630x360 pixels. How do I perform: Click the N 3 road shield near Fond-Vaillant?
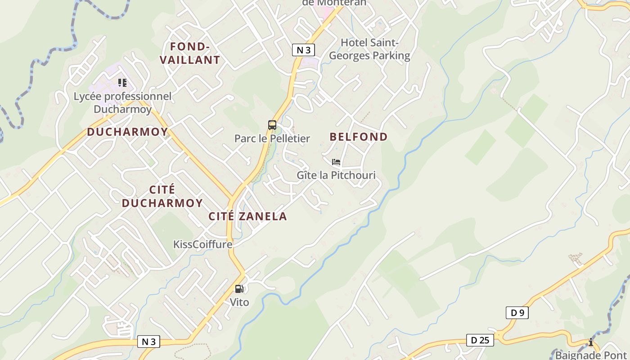303,49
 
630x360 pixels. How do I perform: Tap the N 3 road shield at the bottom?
148,342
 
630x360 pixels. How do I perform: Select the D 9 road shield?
517,313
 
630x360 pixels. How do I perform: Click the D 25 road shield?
480,340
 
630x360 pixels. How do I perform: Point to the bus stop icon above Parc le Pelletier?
272,125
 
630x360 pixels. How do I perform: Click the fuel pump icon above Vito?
239,289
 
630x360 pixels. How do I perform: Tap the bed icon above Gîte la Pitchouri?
336,162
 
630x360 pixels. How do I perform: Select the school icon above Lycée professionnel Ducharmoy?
122,83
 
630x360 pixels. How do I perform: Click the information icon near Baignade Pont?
591,342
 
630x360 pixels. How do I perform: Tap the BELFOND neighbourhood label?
359,137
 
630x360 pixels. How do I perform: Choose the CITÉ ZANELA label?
247,216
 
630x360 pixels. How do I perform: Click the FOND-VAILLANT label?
190,53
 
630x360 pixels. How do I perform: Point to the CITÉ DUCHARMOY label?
162,197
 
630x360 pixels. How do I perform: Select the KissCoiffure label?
203,244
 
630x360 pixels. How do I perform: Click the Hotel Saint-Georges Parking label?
369,49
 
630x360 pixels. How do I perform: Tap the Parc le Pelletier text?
272,139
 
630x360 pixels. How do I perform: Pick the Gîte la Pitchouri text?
336,175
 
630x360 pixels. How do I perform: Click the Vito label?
239,302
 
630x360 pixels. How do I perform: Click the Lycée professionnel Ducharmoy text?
122,103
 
